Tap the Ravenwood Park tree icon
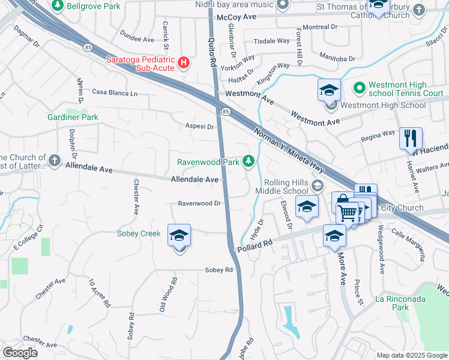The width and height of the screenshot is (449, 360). tap(248, 161)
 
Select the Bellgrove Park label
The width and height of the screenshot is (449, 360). tap(93, 6)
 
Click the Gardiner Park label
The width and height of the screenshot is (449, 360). tap(73, 117)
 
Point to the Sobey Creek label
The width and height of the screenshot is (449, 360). tap(138, 233)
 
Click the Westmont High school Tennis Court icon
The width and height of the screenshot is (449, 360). tap(360, 88)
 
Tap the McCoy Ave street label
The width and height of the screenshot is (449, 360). tap(232, 18)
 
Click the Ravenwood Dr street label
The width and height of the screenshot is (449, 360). tap(200, 203)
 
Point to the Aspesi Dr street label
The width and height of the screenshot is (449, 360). tap(199, 127)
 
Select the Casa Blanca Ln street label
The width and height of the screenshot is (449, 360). tap(115, 93)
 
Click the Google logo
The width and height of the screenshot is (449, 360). tap(20, 353)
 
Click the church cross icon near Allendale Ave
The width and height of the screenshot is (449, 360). tap(54, 160)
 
